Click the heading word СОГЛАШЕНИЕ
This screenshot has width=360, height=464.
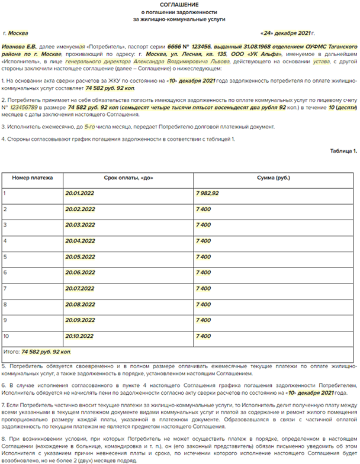point(179,5)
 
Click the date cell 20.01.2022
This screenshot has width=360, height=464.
point(80,193)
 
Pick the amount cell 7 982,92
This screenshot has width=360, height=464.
point(207,193)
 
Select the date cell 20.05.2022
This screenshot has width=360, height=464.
point(80,257)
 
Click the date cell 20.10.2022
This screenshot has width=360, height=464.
point(80,336)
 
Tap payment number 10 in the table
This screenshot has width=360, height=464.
point(7,336)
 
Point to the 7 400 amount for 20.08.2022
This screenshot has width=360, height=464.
point(203,304)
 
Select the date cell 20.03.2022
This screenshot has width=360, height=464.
point(80,225)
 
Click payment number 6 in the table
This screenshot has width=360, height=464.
point(5,272)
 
